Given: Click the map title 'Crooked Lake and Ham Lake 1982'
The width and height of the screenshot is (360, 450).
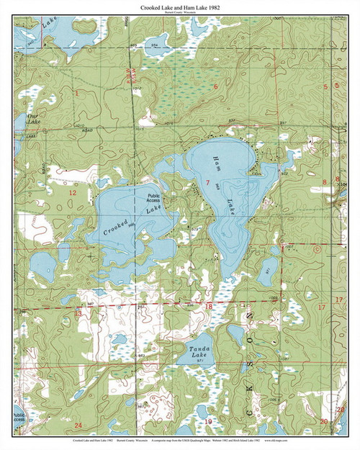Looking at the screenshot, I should (180, 6).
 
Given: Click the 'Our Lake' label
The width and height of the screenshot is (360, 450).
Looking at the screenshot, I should (33, 119).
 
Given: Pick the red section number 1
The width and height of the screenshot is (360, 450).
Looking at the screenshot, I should (76, 93).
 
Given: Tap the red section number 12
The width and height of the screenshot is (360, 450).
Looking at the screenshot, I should (71, 193).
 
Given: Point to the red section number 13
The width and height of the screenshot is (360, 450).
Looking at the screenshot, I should (78, 313).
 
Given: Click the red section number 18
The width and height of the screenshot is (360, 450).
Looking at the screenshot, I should (209, 307).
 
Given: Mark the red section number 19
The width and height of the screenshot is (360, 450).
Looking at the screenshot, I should (209, 421).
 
